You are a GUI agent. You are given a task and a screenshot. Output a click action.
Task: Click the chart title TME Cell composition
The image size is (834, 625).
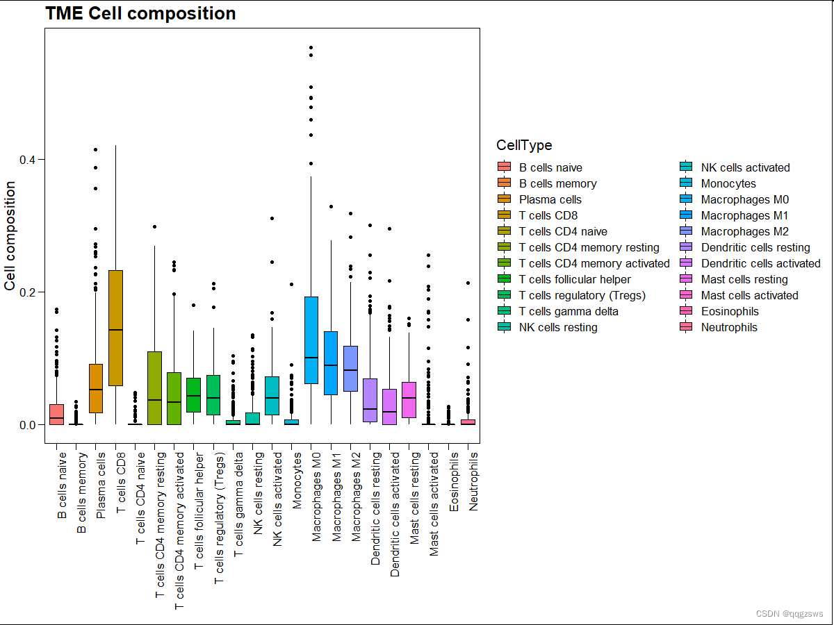140,14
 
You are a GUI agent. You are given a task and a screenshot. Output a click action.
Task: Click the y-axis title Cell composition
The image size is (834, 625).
10,235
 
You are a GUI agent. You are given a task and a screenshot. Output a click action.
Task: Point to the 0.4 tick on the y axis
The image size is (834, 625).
28,160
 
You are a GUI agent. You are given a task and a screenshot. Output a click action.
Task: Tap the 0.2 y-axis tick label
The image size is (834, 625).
28,292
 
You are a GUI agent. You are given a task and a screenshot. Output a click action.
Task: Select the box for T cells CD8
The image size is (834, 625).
115,328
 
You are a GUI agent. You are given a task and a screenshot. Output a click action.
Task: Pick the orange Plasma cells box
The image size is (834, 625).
96,388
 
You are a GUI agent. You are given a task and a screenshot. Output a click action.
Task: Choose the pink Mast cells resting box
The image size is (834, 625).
409,400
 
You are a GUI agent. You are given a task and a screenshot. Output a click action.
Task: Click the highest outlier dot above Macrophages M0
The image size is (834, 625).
311,47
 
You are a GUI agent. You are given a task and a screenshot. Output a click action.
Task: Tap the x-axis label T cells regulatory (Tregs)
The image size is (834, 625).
220,519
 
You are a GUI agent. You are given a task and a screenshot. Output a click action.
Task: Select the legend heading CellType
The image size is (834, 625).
524,145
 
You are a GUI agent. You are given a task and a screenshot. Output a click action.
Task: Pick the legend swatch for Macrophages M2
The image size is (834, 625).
687,231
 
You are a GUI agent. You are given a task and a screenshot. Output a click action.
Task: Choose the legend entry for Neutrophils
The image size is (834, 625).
729,327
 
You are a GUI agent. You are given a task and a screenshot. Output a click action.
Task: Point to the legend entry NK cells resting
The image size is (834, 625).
558,327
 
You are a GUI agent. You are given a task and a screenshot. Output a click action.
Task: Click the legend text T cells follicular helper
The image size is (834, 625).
575,279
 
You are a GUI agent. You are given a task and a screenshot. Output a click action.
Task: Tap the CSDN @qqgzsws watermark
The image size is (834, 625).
789,613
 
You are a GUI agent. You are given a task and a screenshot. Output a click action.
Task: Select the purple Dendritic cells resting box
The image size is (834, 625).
370,400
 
